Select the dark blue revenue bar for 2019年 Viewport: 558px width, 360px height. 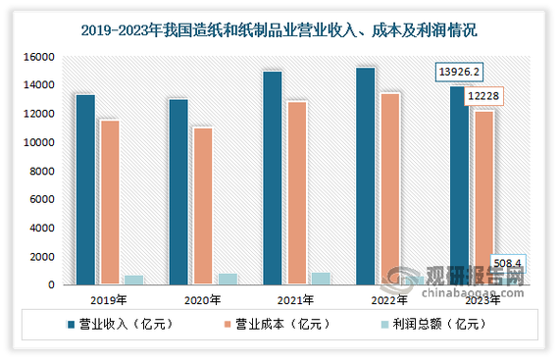(85, 189)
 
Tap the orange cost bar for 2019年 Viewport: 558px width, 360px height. (110, 202)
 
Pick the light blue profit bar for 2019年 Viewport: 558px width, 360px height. (133, 280)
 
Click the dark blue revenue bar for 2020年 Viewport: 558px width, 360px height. (178, 191)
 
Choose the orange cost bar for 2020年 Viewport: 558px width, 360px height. (203, 206)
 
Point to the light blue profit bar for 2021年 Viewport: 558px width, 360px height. (320, 279)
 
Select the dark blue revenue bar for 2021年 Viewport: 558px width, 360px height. (272, 178)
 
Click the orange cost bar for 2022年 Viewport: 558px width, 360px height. (389, 188)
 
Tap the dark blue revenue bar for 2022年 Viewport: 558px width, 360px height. (365, 176)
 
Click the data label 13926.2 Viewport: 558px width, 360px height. (459, 73)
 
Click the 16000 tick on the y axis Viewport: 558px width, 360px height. (35, 58)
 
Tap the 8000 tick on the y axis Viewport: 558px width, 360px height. (38, 172)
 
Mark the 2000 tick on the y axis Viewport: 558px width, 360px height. (38, 257)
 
